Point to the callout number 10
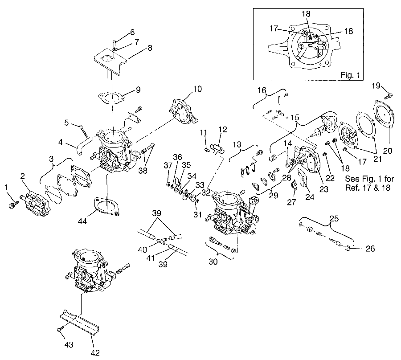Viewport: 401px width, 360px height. coord(197,89)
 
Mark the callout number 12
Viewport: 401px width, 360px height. coord(223,130)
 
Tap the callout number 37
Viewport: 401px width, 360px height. coord(168,166)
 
